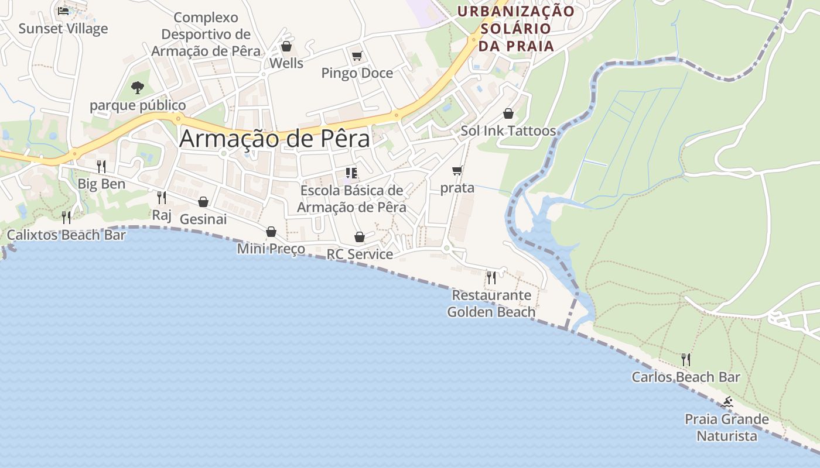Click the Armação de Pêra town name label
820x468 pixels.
point(275,139)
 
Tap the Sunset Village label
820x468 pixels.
point(63,29)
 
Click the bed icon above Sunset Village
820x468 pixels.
point(63,11)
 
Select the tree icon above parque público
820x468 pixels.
point(138,88)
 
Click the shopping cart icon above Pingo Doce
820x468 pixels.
point(357,56)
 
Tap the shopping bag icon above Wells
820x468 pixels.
point(286,46)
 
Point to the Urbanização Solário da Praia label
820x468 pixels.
point(516,28)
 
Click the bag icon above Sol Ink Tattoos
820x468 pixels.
point(508,113)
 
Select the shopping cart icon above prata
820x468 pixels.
point(457,171)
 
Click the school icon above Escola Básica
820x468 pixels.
point(351,173)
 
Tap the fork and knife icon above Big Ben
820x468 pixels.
point(101,167)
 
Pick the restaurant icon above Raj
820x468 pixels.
point(162,198)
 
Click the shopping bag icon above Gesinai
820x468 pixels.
point(203,202)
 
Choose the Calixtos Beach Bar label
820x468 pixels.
point(66,235)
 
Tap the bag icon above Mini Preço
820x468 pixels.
point(271,232)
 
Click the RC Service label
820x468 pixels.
point(360,254)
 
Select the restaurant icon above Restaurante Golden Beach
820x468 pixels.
point(491,277)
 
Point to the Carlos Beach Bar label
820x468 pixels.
point(686,377)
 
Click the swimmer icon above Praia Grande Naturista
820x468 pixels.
point(727,402)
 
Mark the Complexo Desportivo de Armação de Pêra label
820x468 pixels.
point(206,35)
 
